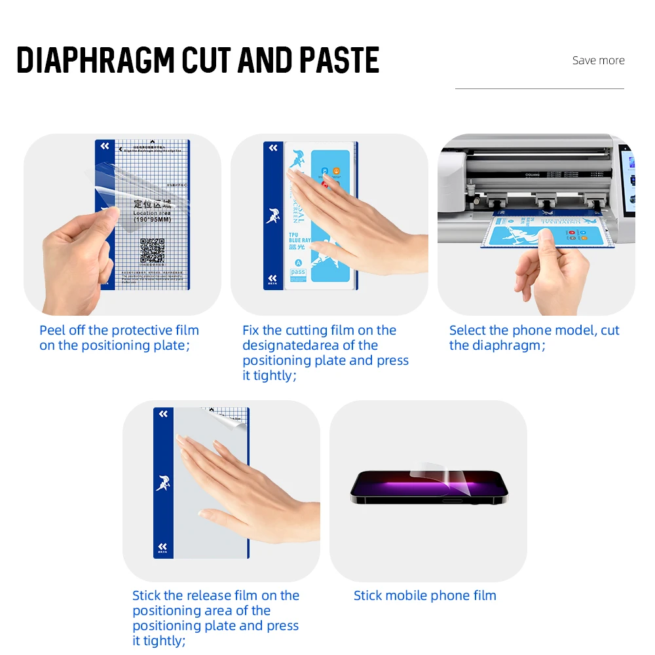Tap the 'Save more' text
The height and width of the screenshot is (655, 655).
598,60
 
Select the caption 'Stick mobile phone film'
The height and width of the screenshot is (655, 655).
424,595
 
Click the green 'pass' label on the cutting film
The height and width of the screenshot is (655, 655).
298,271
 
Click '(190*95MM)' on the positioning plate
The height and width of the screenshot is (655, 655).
153,220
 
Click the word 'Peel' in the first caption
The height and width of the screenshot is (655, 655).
52,330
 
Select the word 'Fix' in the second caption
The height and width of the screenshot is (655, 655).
252,330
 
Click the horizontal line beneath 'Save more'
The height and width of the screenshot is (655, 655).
539,88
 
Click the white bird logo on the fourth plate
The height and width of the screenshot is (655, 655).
163,483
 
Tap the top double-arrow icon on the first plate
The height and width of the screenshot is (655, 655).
105,147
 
